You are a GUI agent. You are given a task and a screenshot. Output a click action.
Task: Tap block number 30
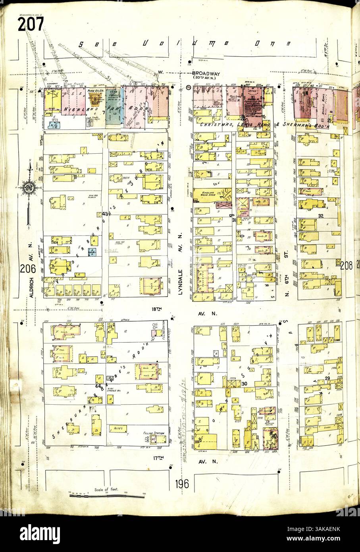click(244, 383)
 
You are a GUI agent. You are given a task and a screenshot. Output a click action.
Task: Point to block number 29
click(327, 378)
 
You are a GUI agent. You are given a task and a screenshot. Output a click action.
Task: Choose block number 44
click(98, 386)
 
